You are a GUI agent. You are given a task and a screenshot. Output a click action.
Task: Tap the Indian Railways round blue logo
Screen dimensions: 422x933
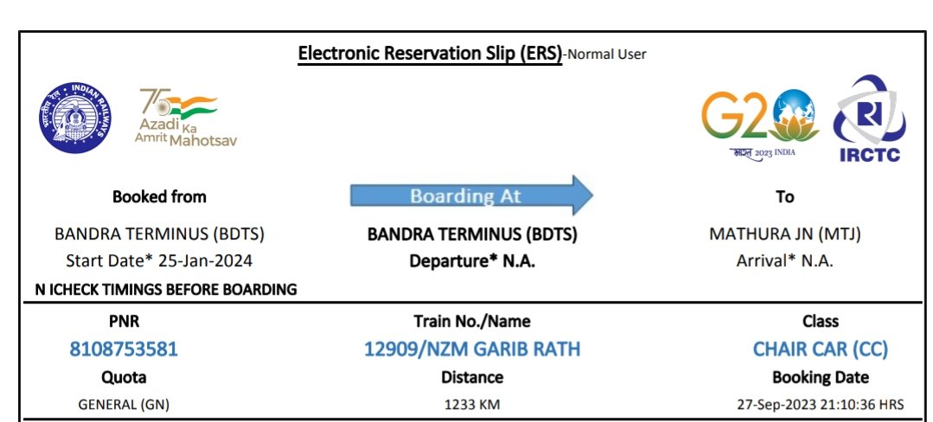click(74, 118)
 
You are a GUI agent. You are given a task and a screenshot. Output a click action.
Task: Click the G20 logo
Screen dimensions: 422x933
click(760, 119)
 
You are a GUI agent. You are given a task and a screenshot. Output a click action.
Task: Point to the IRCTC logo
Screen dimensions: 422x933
click(868, 119)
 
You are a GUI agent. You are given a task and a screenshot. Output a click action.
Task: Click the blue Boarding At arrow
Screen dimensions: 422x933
click(471, 195)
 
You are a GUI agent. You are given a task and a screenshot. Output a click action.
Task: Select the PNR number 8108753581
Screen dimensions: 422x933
click(124, 349)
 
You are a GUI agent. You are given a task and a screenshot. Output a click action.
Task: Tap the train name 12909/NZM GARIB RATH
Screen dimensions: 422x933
click(472, 349)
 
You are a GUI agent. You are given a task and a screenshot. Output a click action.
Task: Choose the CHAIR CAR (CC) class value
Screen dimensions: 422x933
click(820, 349)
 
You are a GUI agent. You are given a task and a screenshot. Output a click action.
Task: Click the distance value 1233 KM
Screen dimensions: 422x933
click(472, 404)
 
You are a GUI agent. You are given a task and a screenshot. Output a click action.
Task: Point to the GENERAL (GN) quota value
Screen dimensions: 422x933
click(124, 404)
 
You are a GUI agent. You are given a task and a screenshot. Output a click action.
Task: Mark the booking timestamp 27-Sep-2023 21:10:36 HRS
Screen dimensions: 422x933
click(820, 404)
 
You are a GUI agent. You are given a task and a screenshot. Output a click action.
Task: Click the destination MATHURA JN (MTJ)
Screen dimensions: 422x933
click(784, 234)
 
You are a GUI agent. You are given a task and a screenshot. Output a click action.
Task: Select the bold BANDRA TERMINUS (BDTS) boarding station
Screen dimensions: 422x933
click(472, 234)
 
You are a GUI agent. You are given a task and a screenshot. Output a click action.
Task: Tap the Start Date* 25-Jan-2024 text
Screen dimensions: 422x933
click(159, 260)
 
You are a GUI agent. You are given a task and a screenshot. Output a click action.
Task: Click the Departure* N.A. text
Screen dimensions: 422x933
click(472, 260)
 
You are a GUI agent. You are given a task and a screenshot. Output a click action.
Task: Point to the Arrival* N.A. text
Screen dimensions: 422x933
click(784, 260)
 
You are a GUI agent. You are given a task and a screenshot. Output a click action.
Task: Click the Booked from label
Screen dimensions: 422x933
click(159, 196)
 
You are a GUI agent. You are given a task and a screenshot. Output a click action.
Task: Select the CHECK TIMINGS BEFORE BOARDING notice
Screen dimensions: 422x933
click(166, 290)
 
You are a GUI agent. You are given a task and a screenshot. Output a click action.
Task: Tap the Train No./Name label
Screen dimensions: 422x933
click(472, 322)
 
